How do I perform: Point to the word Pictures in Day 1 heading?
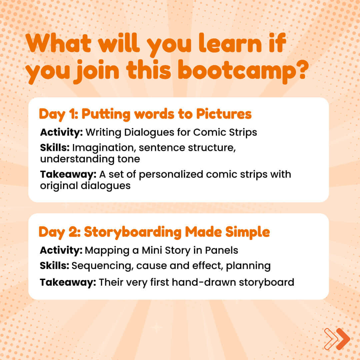point(224,114)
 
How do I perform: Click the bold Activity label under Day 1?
point(61,132)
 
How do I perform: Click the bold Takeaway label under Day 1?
point(68,174)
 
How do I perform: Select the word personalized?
point(171,174)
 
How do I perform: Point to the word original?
point(59,186)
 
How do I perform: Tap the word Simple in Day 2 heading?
point(247,232)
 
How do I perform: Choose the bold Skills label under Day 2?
point(54,265)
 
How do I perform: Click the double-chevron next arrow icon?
point(337,339)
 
